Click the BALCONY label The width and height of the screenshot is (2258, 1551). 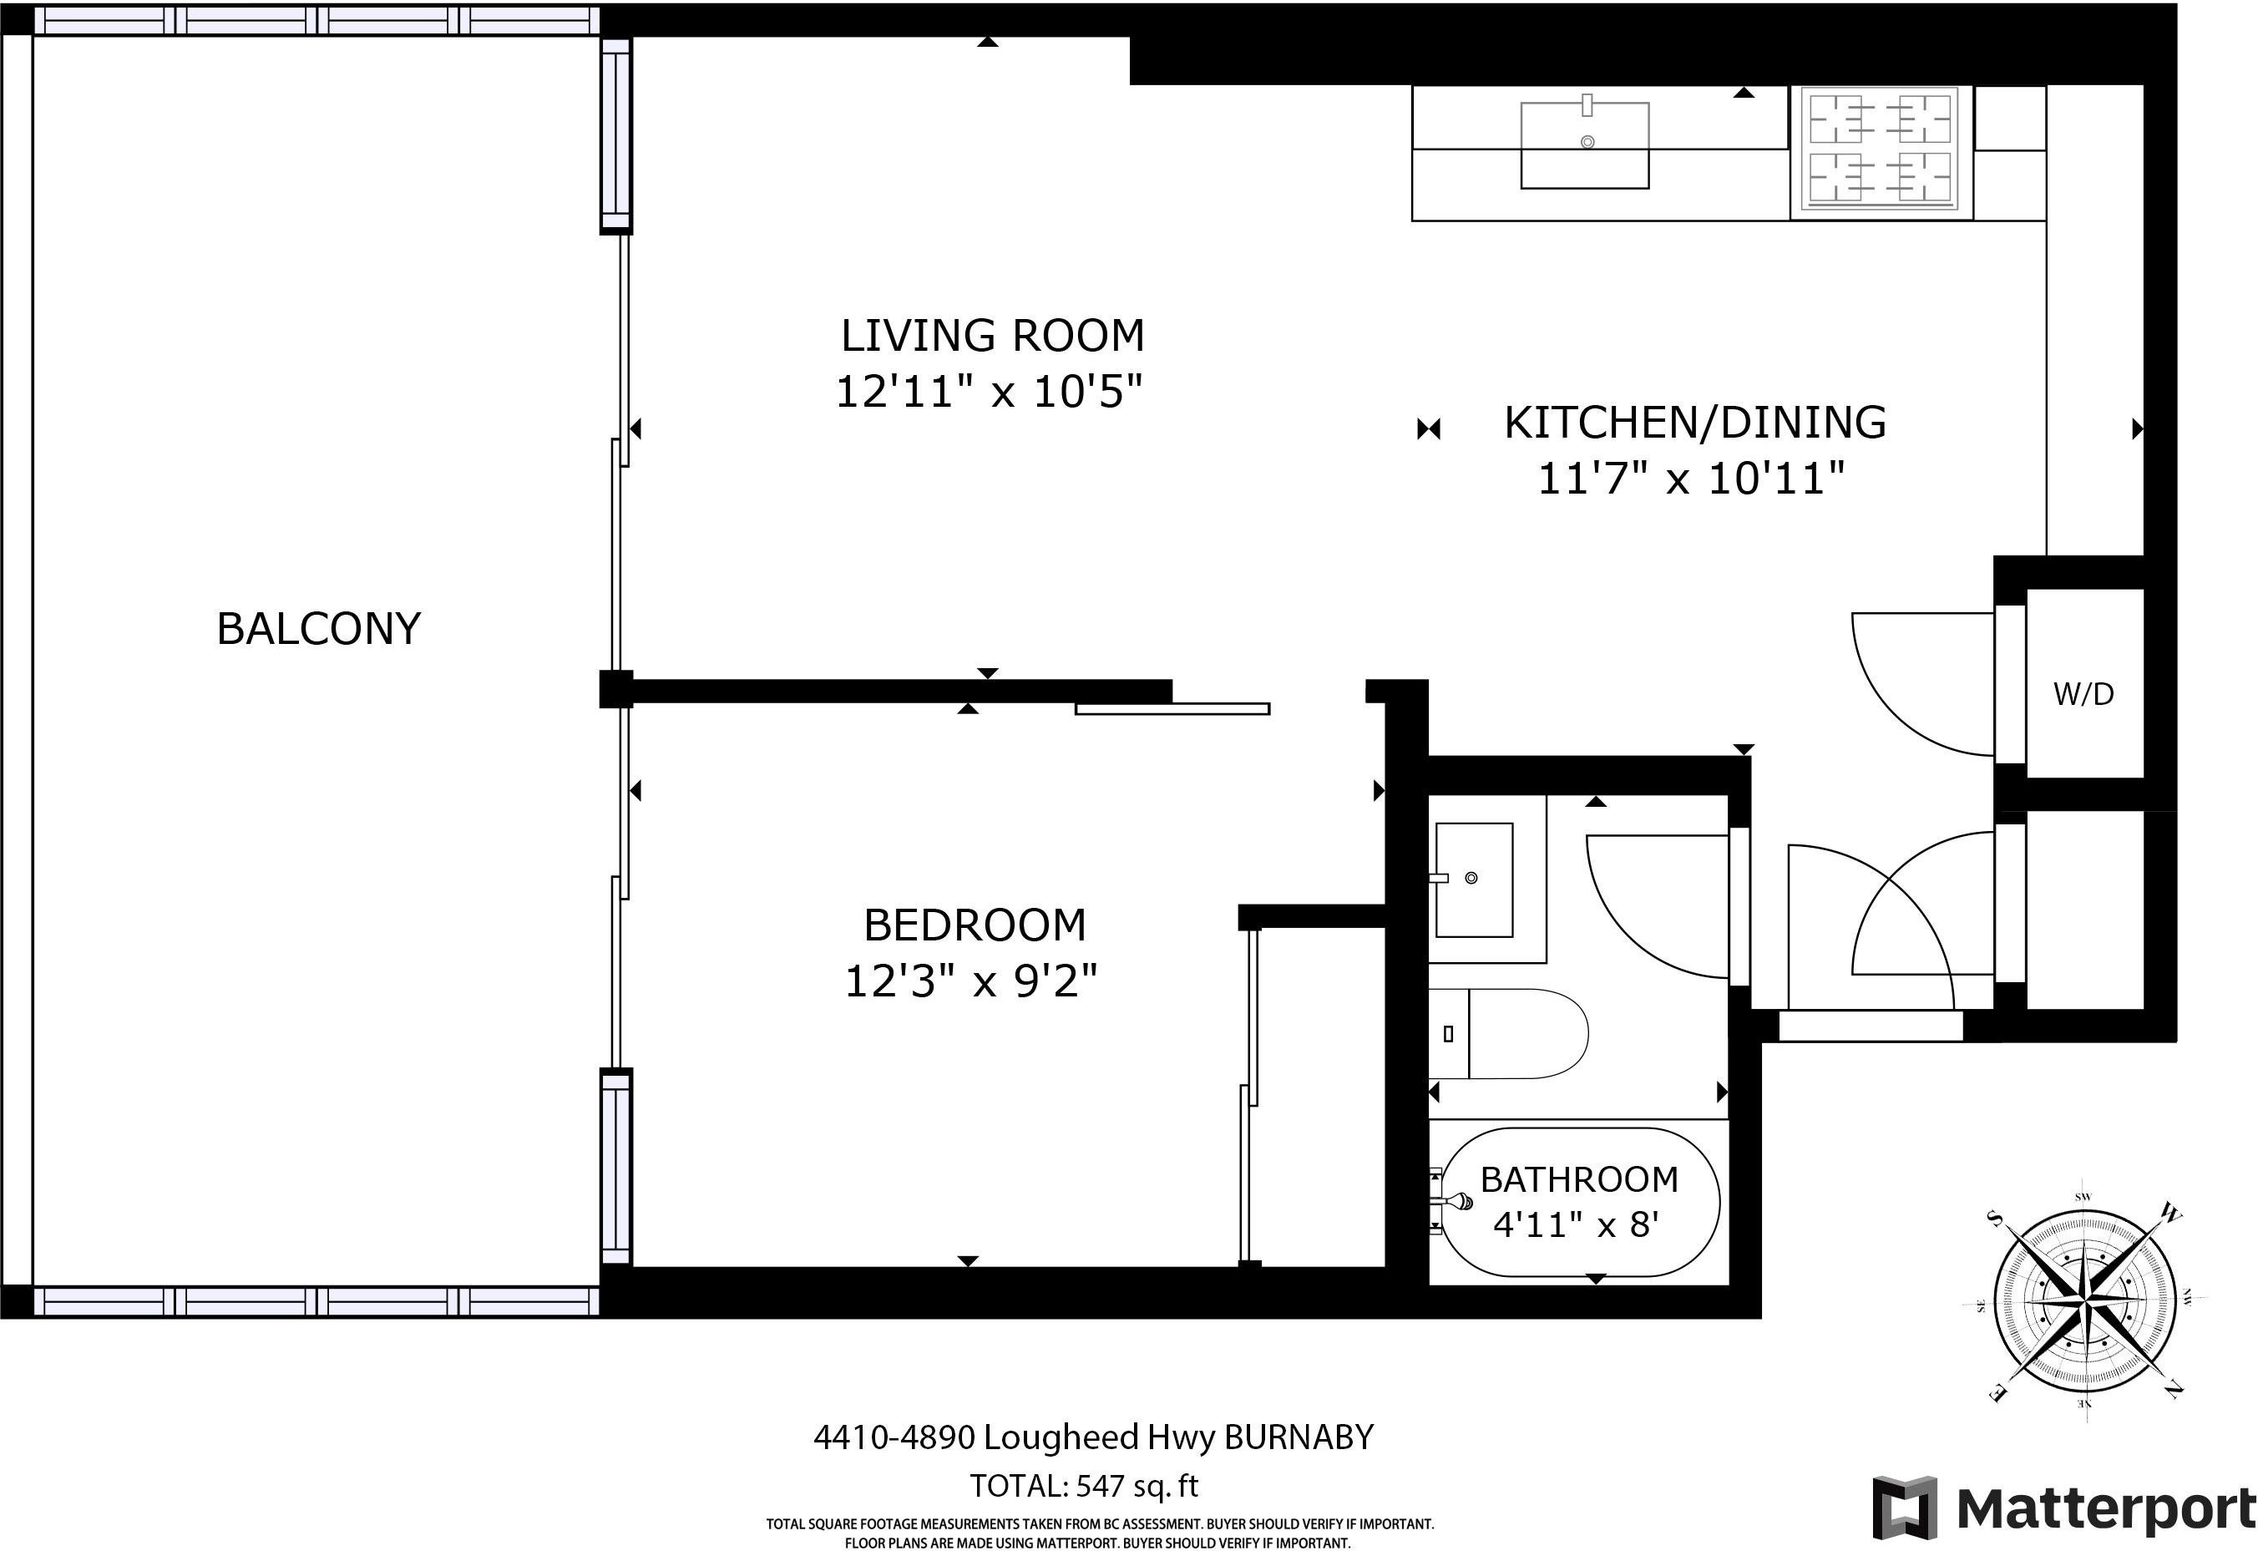point(319,629)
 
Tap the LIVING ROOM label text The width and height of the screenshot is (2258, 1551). point(992,335)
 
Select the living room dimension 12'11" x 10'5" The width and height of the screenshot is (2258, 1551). point(989,392)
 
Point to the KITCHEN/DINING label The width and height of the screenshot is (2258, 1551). point(1695,423)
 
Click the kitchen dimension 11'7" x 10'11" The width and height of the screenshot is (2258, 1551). point(1691,478)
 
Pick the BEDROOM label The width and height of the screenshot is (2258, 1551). point(975,925)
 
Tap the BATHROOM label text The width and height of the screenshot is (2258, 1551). point(1580,1178)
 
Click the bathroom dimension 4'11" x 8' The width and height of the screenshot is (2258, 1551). point(1575,1224)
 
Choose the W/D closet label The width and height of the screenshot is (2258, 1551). point(2084,694)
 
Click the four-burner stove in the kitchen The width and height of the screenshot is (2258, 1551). point(1882,153)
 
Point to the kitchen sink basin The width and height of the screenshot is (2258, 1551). point(1585,144)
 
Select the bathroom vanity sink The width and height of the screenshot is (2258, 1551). point(1474,879)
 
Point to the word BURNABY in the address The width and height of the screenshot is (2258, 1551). point(1299,1437)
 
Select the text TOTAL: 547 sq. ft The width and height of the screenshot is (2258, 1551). point(1084,1486)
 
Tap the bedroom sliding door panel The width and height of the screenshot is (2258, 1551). point(1172,708)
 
